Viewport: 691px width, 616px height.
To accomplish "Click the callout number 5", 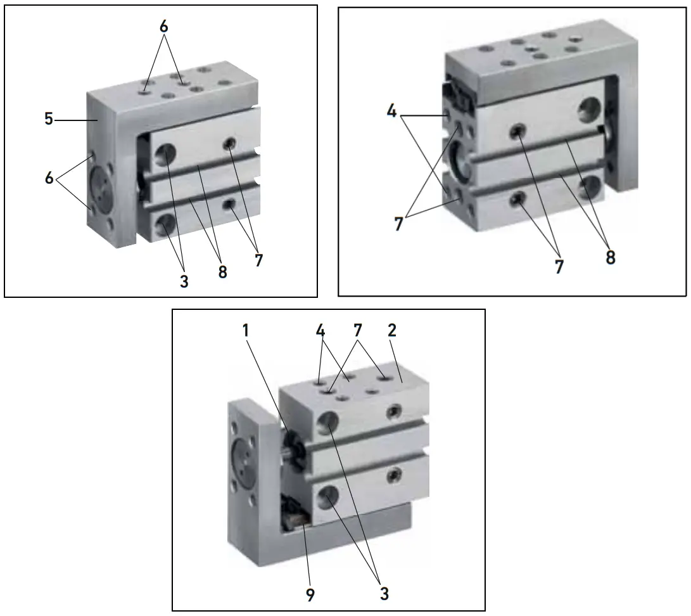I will point(49,119).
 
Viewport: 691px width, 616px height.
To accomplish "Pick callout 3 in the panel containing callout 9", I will point(383,594).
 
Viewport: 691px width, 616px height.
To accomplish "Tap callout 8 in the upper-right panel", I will point(610,258).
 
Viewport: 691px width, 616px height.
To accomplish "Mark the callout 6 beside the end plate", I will point(49,178).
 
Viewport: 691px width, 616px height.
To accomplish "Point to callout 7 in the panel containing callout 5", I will point(258,260).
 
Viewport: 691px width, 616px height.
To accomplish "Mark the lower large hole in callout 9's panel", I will point(328,496).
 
